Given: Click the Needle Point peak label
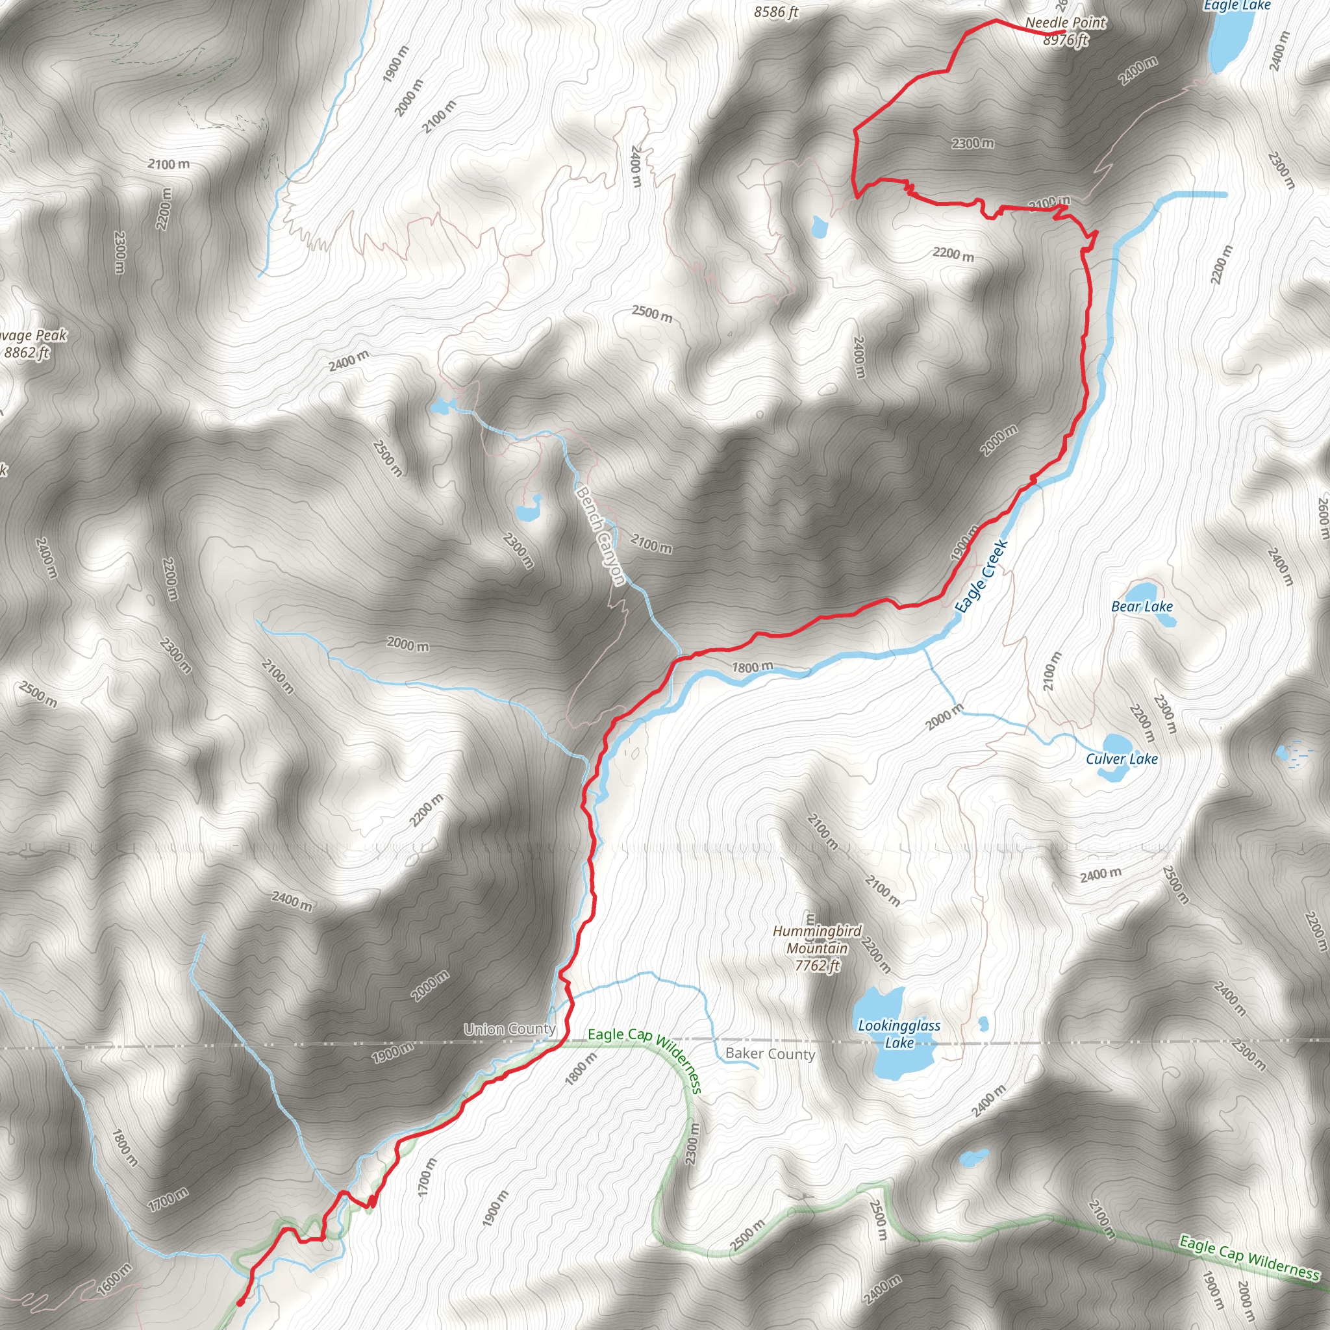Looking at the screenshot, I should [1064, 23].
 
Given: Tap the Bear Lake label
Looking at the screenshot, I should [1142, 607].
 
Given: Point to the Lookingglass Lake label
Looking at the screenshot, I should [898, 1034].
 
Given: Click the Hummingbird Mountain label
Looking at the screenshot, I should [817, 939].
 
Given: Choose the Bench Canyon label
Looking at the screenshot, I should [599, 536].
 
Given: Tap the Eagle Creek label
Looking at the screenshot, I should [982, 575].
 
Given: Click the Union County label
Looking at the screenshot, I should [509, 1029].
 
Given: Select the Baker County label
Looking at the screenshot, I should [770, 1054].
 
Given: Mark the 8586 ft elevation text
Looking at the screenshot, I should [776, 12].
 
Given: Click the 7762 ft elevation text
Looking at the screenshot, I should [817, 966].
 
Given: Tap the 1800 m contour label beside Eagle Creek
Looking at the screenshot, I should [752, 667].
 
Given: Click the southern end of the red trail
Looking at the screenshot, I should [240, 1303].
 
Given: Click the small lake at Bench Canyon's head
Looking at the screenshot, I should [440, 407].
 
